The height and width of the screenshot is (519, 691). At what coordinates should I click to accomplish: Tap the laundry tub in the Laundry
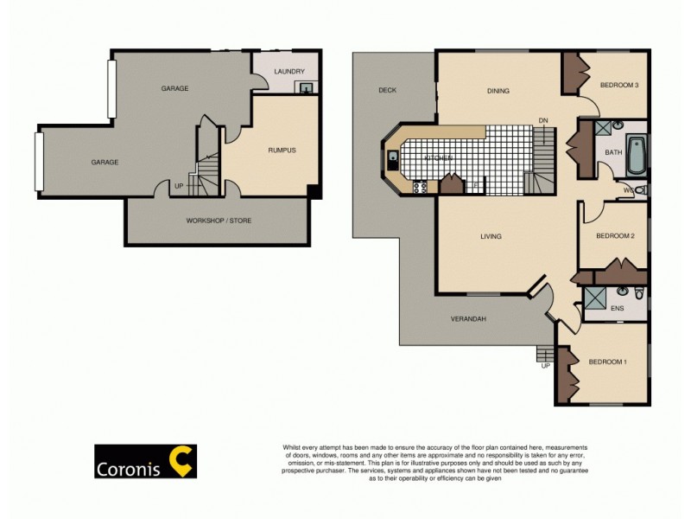tap(305, 86)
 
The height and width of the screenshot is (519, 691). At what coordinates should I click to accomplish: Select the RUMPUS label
tap(282, 151)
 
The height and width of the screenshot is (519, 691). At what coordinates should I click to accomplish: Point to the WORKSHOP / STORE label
tap(219, 221)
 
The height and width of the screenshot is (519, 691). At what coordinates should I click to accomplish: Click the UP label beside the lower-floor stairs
tap(179, 186)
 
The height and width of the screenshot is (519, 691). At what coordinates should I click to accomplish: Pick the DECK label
tap(386, 90)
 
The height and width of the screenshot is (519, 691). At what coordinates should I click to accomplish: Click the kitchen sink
tap(392, 158)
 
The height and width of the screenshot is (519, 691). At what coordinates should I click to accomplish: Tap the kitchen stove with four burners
tap(421, 186)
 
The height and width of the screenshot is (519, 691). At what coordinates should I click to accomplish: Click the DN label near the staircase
tap(543, 119)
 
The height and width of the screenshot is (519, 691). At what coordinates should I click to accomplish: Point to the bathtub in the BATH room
tap(637, 154)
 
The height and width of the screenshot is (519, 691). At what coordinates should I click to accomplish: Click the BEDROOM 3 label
tap(618, 85)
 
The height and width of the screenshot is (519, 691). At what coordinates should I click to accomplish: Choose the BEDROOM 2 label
tap(616, 236)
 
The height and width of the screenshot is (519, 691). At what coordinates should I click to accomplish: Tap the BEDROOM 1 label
tap(607, 362)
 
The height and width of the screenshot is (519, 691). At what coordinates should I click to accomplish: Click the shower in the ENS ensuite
tap(594, 299)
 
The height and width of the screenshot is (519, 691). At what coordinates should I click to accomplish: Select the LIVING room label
tap(491, 236)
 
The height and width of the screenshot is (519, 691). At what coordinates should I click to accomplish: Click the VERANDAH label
tap(469, 319)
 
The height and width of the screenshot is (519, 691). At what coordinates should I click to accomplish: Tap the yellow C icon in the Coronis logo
tap(181, 461)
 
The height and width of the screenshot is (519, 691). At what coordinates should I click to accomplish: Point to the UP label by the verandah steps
tap(545, 366)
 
